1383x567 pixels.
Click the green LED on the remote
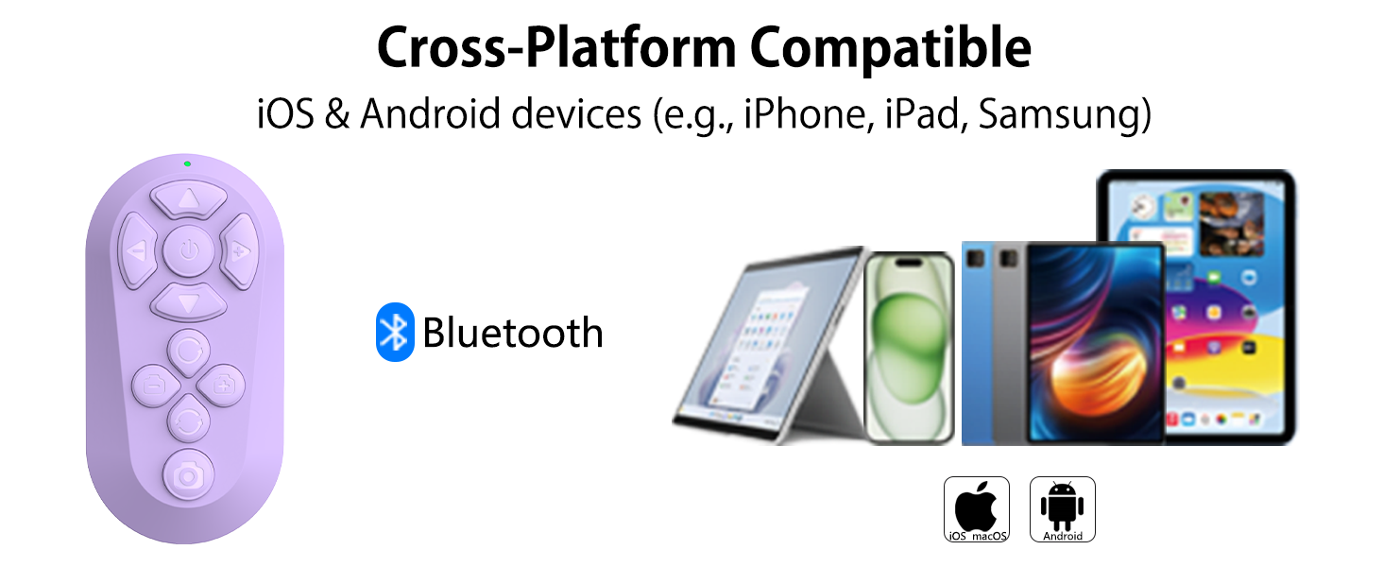pyautogui.click(x=188, y=163)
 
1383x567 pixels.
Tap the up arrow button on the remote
pyautogui.click(x=189, y=199)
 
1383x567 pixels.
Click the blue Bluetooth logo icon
pyautogui.click(x=395, y=332)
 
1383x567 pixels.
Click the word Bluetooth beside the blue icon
pyautogui.click(x=512, y=333)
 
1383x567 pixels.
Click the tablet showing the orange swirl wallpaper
pyautogui.click(x=1095, y=342)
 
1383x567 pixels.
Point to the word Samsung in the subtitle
pyautogui.click(x=1064, y=114)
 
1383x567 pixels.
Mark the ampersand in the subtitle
pyautogui.click(x=336, y=114)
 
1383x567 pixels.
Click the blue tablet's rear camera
pyautogui.click(x=977, y=255)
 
